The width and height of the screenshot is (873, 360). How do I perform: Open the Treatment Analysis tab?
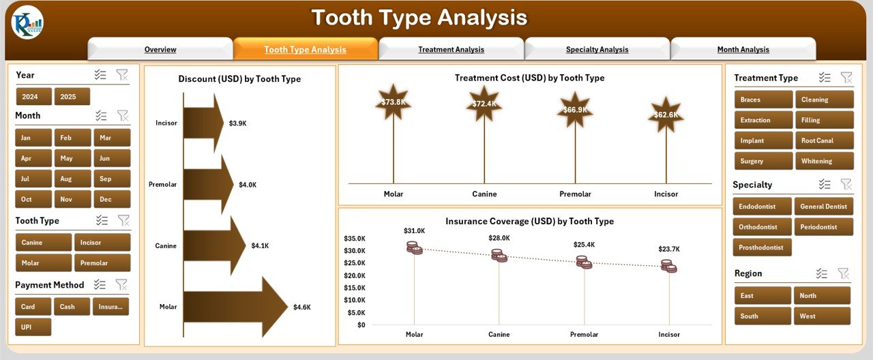click(x=451, y=49)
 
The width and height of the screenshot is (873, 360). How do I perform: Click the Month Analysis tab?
click(x=743, y=49)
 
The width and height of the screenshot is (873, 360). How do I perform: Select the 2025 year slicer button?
click(x=72, y=97)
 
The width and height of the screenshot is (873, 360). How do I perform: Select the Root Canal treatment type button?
click(x=824, y=140)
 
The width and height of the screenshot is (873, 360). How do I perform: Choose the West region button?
click(x=821, y=316)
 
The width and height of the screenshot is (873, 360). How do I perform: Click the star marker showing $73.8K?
click(x=393, y=102)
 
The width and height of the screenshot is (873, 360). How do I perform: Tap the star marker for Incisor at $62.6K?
click(x=666, y=115)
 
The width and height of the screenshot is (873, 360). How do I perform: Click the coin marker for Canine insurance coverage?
click(x=499, y=256)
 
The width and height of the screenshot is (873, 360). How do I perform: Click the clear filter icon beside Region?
click(x=844, y=273)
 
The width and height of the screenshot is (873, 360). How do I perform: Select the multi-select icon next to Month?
click(x=101, y=116)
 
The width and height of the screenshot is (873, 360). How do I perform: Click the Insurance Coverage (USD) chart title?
click(x=529, y=222)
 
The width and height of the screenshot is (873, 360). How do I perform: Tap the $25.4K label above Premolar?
click(x=584, y=244)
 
